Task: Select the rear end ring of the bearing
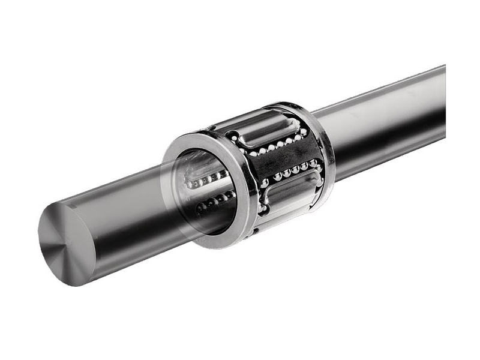[x=323, y=150]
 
